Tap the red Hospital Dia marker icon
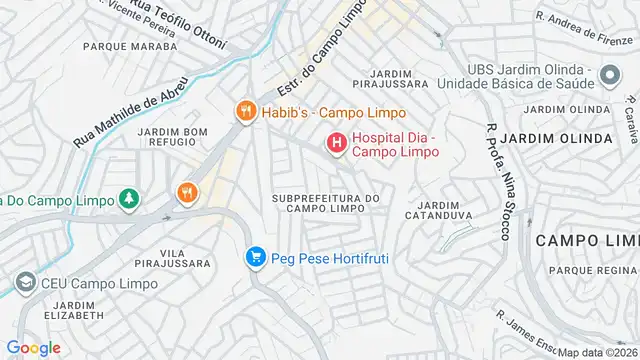pyautogui.click(x=336, y=144)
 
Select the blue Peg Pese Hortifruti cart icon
pyautogui.click(x=256, y=258)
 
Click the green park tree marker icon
pyautogui.click(x=128, y=200)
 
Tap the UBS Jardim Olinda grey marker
pyautogui.click(x=607, y=75)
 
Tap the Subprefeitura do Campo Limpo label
pyautogui.click(x=326, y=204)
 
